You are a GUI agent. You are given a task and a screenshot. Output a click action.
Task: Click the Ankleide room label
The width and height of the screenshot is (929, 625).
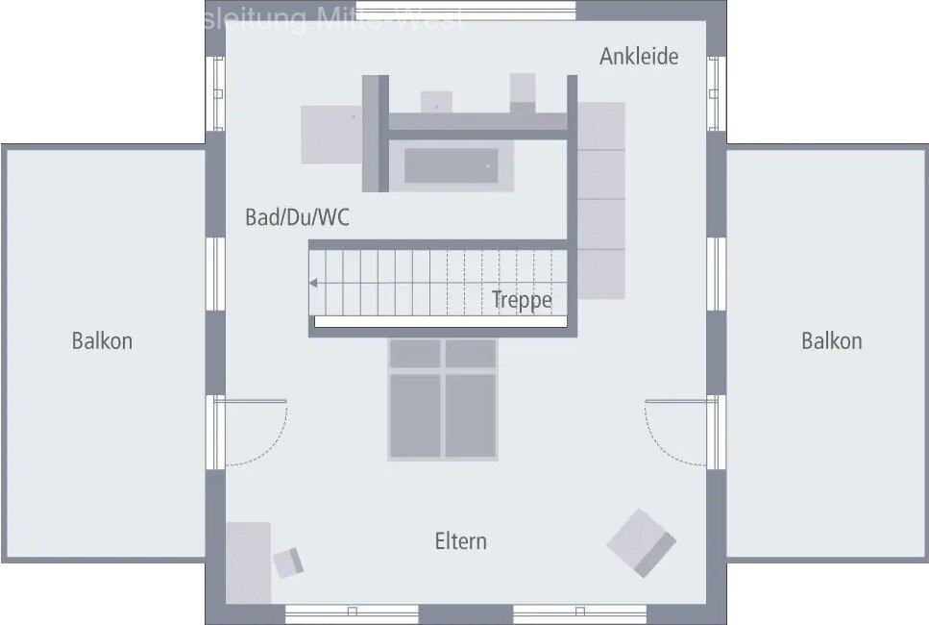point(639,56)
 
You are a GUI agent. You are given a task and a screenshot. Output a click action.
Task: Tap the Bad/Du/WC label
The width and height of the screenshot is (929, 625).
point(297,217)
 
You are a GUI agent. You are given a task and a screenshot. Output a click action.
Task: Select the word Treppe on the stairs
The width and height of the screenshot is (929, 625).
point(522,299)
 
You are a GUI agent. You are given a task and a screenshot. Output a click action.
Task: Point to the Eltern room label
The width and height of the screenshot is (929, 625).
point(461,541)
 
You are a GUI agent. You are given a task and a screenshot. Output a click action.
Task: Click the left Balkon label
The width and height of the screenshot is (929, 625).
point(102,340)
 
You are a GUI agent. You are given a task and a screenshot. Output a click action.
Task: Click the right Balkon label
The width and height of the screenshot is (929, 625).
point(831,340)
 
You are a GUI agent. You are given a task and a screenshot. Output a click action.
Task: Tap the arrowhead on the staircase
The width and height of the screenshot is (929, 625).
point(313,283)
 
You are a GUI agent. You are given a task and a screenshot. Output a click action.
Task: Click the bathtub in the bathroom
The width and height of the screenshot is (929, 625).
point(451,165)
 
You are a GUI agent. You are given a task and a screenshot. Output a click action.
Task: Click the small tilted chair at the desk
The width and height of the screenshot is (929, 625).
point(288,562)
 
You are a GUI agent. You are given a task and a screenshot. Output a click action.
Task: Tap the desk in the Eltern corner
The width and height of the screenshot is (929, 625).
point(248,562)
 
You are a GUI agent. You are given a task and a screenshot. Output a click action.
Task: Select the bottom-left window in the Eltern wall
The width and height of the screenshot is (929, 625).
point(352,612)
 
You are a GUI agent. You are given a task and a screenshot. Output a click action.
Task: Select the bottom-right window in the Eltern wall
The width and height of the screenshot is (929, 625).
point(579,612)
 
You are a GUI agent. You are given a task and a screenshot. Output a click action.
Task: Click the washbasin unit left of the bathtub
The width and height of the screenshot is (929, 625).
point(330,135)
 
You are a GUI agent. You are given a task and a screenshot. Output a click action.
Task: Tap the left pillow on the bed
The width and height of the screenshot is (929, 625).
point(415,354)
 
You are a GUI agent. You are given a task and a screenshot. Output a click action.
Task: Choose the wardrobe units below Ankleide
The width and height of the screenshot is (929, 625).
point(601,199)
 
